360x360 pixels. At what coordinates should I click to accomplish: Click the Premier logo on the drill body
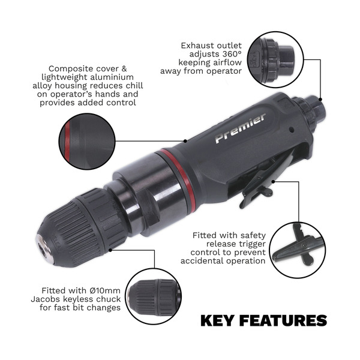click(240, 128)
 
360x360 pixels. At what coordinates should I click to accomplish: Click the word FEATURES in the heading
click(285, 320)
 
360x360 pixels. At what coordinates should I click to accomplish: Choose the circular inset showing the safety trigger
click(296, 248)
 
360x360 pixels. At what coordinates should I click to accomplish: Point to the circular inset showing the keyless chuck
click(155, 296)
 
